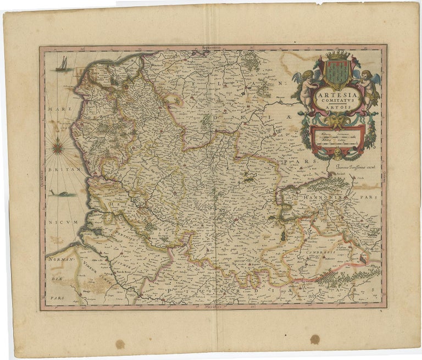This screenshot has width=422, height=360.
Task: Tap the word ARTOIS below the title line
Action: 337,109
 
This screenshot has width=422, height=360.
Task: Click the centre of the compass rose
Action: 58,147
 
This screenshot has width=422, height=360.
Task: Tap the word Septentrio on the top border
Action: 212,48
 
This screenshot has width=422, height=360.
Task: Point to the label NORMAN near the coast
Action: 58,258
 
